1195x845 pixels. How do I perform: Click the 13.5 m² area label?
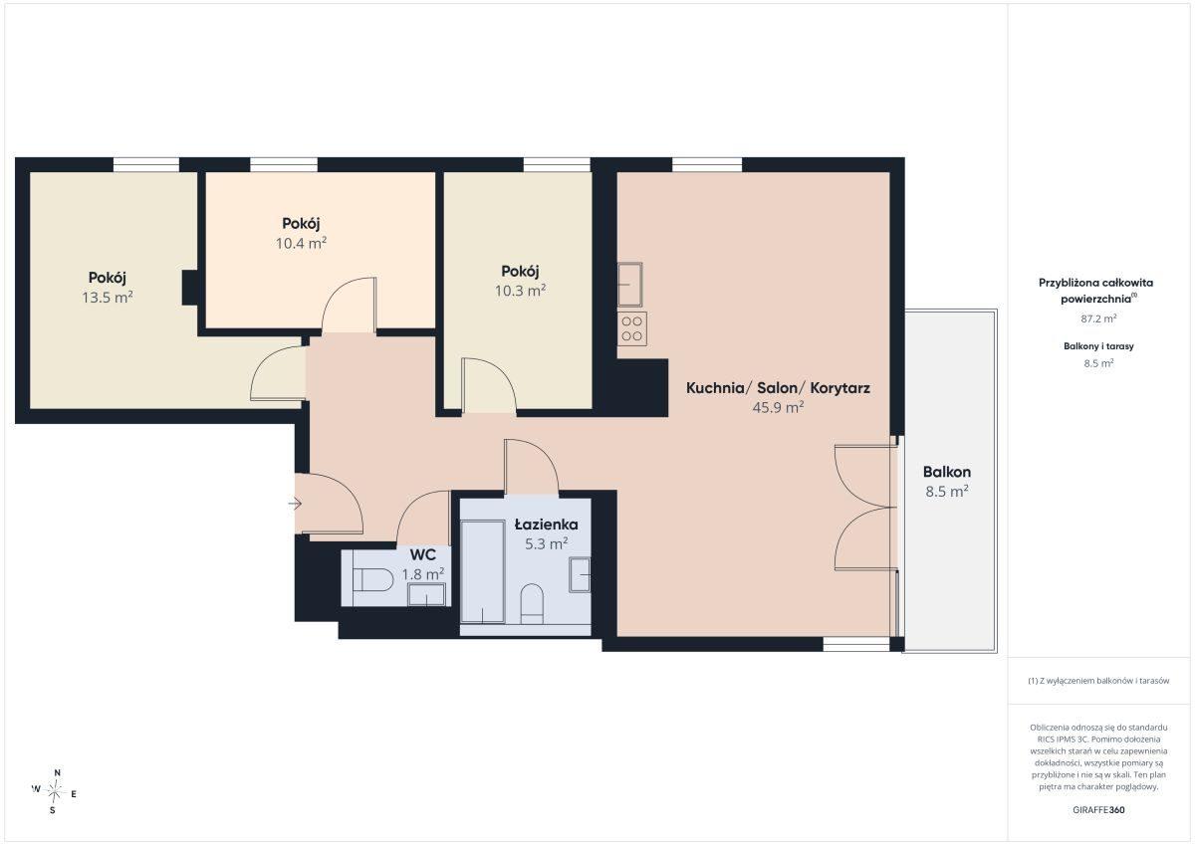108,298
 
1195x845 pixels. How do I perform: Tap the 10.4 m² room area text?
301,244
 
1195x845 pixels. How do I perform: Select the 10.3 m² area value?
520,291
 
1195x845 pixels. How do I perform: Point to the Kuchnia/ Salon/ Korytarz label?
778,388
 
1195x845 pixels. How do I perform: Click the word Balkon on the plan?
947,472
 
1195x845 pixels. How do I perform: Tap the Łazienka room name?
546,525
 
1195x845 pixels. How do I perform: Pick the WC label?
422,555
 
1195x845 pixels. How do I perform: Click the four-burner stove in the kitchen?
632,328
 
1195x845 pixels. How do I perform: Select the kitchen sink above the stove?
630,284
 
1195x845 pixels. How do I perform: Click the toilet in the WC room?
372,579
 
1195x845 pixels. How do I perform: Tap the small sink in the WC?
426,594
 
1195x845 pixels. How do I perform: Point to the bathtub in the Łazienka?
483,572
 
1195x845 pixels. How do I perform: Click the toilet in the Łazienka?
532,604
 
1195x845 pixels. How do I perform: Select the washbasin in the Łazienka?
580,574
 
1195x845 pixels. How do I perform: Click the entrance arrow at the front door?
295,504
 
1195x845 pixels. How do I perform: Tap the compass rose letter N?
58,773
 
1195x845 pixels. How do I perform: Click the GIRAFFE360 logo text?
1098,810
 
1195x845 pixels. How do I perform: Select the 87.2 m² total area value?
1098,318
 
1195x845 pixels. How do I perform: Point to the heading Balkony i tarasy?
1098,346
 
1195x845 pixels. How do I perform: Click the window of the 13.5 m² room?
146,165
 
